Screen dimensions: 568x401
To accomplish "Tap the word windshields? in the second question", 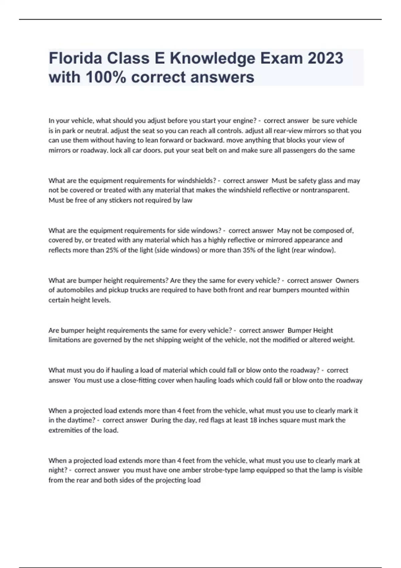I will click(x=196, y=181).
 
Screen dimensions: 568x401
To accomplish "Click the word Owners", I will click(x=347, y=280).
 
